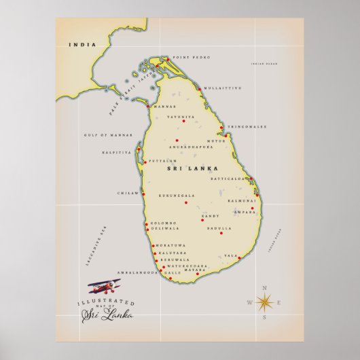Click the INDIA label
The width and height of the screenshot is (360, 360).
coord(82,45)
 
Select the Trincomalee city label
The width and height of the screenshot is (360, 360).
coord(247,126)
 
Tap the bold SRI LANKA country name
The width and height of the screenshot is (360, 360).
coord(192,167)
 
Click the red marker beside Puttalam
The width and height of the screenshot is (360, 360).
coord(145,162)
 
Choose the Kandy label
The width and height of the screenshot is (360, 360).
coord(209,215)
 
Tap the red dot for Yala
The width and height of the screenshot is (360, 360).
coord(239,257)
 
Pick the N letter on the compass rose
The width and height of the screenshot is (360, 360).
coord(265,287)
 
